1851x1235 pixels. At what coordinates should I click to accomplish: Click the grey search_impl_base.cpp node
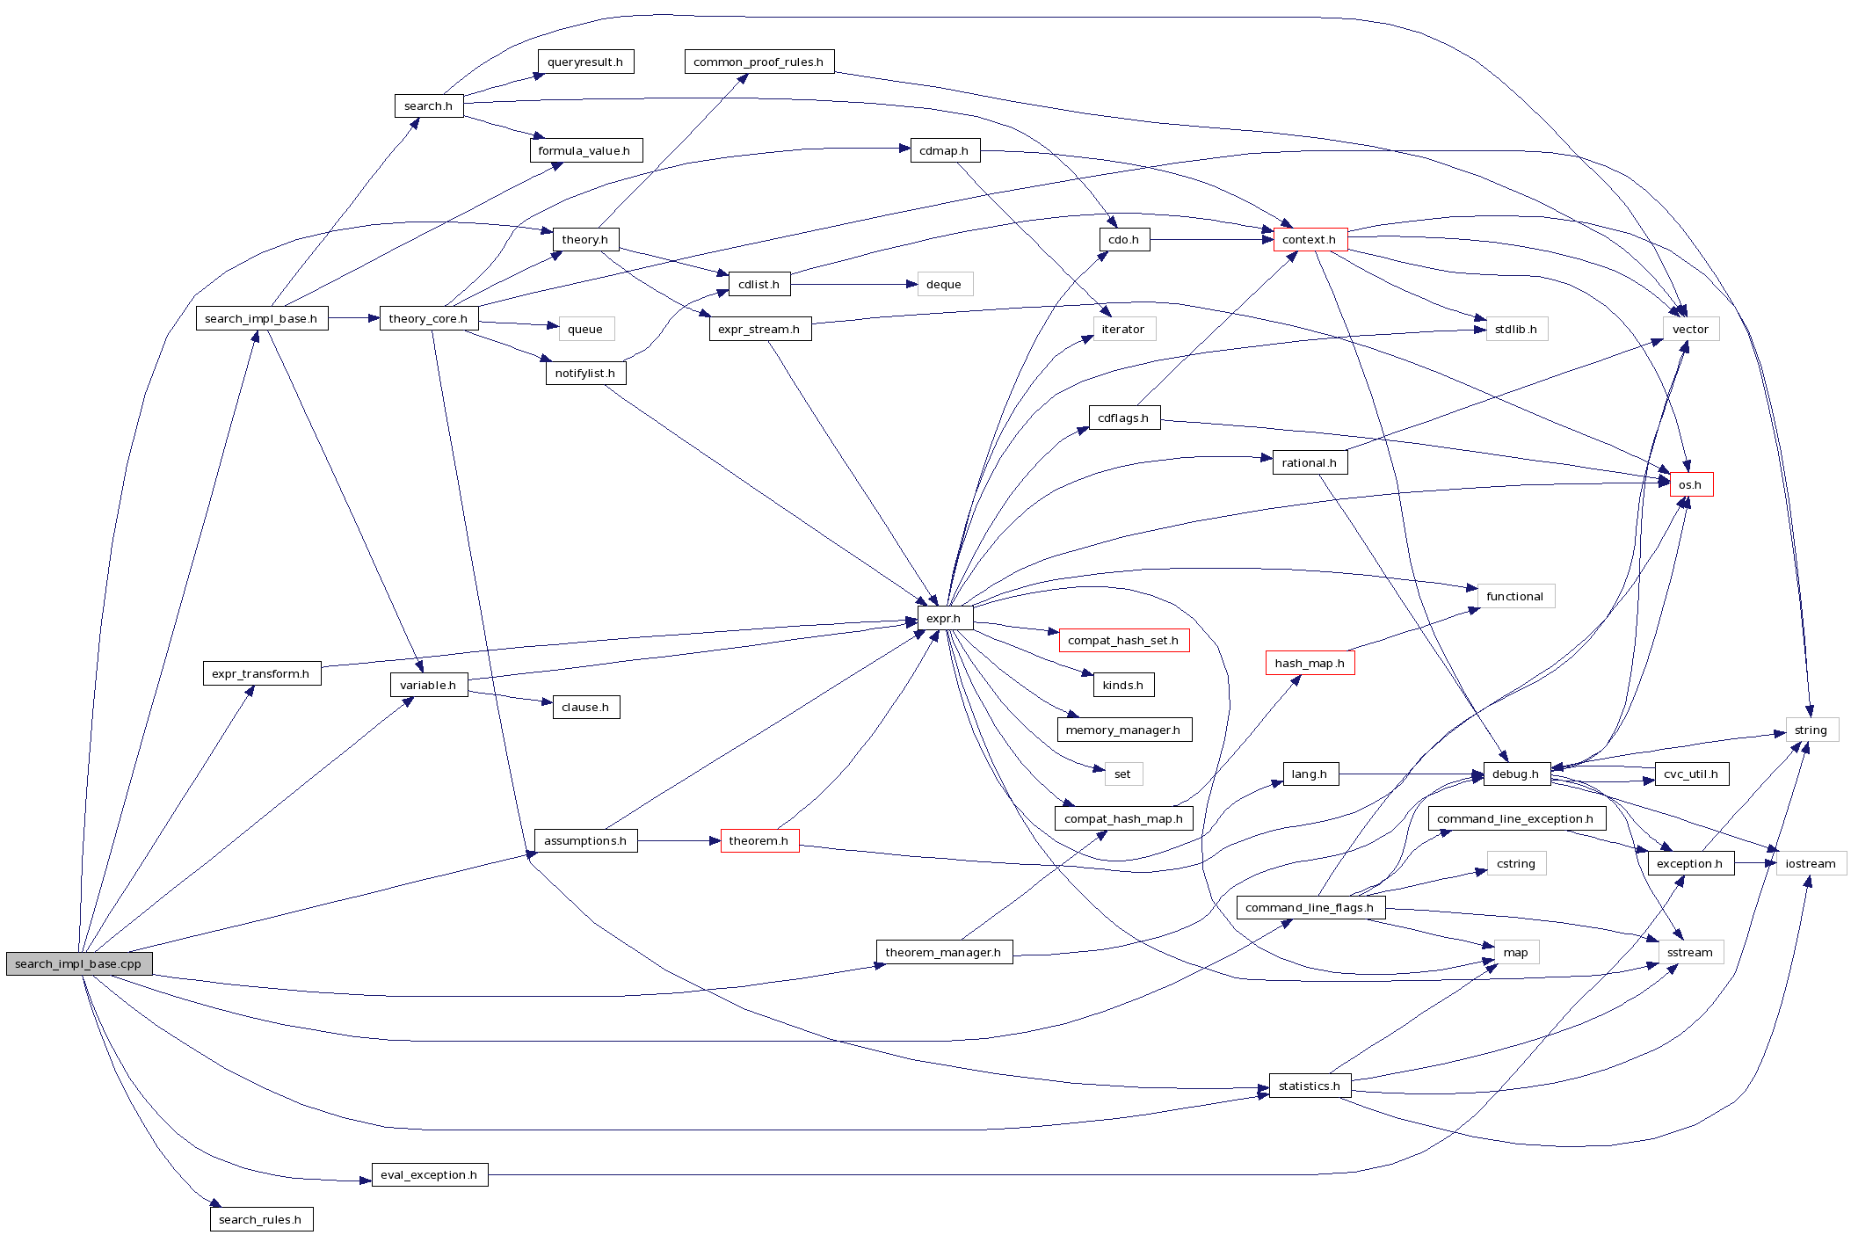pos(79,963)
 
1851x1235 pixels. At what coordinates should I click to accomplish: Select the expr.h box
pos(944,618)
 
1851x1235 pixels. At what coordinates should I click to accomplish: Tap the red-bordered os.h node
pos(1690,484)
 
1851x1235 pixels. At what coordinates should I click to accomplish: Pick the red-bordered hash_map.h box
pos(1309,663)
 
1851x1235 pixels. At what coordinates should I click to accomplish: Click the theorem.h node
pos(759,840)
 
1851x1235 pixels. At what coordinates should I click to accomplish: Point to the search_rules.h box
pos(260,1219)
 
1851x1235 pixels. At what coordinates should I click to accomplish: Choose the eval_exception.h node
pos(429,1174)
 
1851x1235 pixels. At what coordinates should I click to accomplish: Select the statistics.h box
pos(1309,1086)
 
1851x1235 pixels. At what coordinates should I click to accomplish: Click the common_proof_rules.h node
pos(759,62)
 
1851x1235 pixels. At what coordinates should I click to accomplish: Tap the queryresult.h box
pos(585,62)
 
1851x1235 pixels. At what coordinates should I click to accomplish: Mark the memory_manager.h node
pos(1123,730)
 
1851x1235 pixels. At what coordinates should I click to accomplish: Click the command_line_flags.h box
pos(1309,907)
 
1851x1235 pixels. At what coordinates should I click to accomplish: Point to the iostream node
pos(1811,863)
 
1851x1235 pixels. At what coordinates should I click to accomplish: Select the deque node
pos(944,284)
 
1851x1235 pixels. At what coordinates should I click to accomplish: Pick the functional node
pos(1514,596)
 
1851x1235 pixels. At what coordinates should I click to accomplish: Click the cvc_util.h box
pos(1690,774)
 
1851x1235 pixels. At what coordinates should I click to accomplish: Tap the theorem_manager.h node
pos(943,952)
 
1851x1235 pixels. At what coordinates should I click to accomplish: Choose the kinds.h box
pos(1123,685)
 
